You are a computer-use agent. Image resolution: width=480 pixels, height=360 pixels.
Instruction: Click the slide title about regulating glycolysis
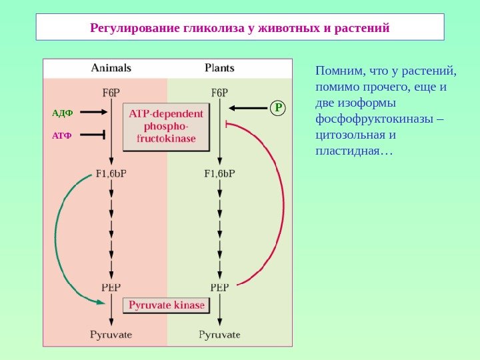239,29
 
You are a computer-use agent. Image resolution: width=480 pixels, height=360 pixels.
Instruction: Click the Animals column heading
111,67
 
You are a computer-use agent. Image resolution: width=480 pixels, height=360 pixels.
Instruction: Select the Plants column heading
219,67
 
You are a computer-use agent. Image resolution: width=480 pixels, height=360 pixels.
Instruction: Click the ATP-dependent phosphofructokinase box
166,127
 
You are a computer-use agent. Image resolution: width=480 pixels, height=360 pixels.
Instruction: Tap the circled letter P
279,107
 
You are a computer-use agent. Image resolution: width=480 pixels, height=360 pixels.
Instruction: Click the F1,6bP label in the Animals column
111,175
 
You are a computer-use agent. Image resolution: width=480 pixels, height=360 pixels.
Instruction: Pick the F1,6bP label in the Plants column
219,175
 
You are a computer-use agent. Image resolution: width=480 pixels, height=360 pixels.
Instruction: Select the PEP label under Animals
111,288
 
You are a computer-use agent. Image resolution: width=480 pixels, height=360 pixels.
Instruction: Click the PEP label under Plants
219,288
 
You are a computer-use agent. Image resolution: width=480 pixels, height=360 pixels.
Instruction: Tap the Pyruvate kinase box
167,305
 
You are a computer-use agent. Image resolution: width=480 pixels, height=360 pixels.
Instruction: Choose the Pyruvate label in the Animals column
111,335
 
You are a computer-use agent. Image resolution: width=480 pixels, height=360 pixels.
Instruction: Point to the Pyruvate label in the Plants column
219,335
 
